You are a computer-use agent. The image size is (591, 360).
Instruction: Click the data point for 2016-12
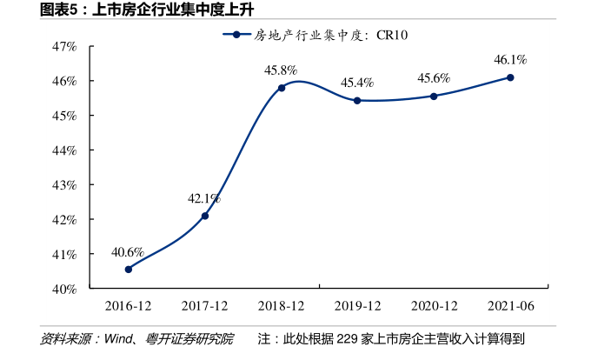click(x=129, y=270)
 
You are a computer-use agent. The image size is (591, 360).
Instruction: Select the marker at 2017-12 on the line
click(x=205, y=216)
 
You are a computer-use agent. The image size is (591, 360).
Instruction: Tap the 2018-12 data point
click(x=282, y=88)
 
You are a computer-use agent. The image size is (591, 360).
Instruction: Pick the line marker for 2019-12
click(x=357, y=101)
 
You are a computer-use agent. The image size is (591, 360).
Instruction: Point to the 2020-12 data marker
click(x=434, y=97)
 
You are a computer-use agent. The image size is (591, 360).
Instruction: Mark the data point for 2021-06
click(x=510, y=77)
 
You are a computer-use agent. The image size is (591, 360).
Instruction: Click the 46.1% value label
click(x=510, y=59)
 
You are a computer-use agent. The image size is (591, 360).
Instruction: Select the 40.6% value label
click(x=128, y=252)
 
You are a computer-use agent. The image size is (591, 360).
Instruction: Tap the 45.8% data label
click(x=281, y=70)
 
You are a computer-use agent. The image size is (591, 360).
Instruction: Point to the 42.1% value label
click(x=204, y=198)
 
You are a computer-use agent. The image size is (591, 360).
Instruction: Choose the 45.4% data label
click(x=357, y=83)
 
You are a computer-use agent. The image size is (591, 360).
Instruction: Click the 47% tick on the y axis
click(x=64, y=47)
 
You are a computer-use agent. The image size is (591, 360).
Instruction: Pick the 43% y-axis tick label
click(x=64, y=185)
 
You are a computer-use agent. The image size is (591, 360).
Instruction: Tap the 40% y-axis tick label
click(x=64, y=290)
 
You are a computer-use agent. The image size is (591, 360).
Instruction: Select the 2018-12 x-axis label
click(x=282, y=306)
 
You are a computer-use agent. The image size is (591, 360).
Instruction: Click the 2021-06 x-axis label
click(x=511, y=306)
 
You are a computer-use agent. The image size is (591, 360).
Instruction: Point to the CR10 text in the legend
click(x=392, y=35)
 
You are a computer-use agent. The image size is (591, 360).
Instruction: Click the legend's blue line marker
click(x=236, y=35)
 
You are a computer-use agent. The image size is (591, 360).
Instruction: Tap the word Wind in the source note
click(x=118, y=339)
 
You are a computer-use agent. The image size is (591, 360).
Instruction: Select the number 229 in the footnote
click(x=347, y=339)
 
